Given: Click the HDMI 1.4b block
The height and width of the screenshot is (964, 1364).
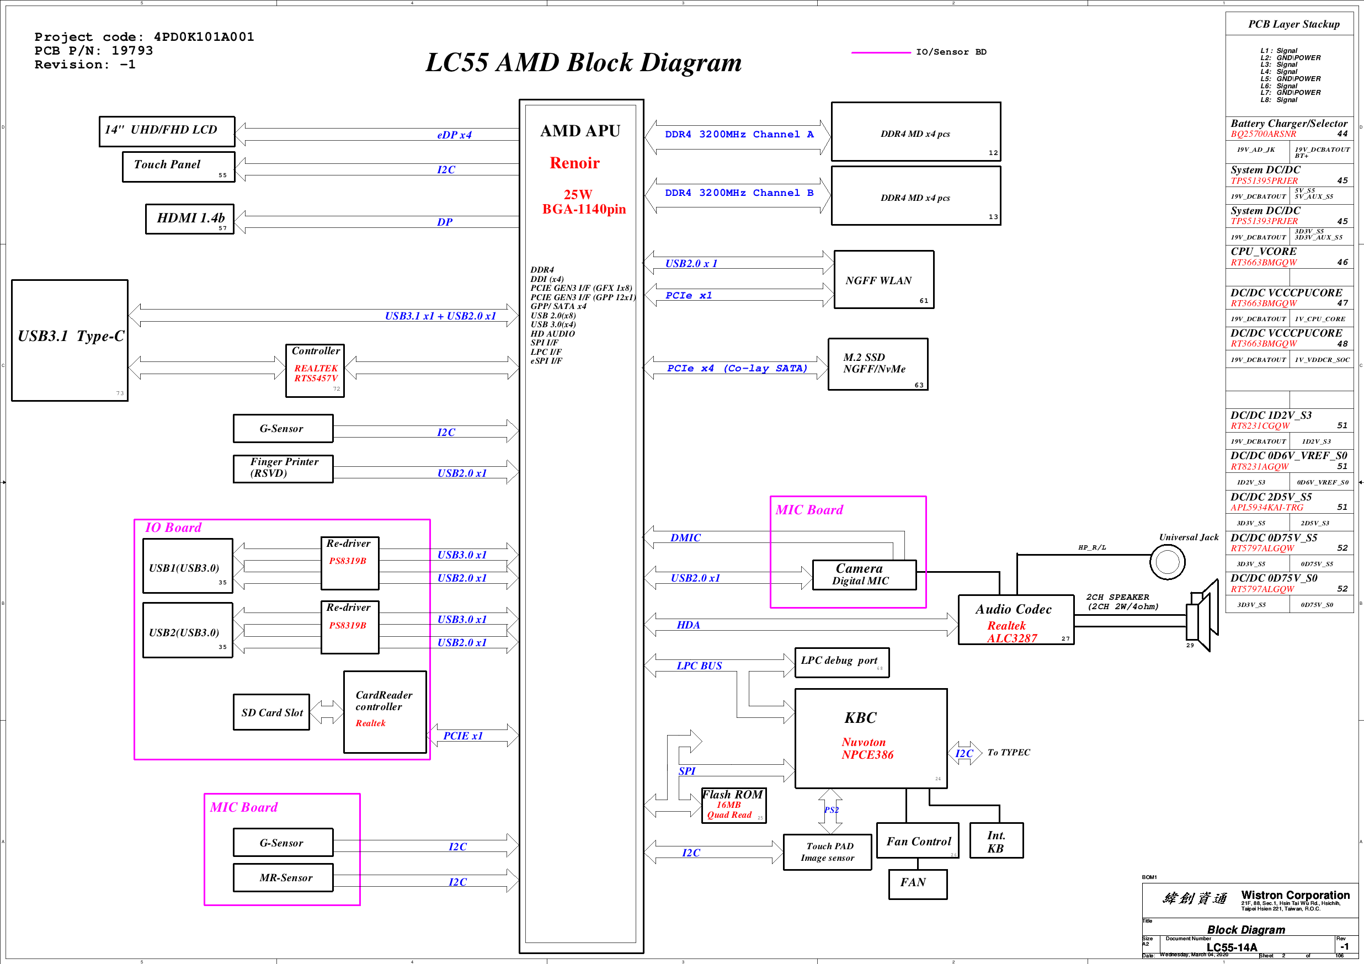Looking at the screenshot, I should pyautogui.click(x=189, y=219).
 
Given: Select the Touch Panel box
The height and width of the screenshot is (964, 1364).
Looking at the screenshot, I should pyautogui.click(x=178, y=166).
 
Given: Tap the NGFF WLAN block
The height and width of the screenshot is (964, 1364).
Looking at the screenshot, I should pyautogui.click(x=883, y=280).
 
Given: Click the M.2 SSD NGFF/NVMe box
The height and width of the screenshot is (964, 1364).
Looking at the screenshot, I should pyautogui.click(x=877, y=364).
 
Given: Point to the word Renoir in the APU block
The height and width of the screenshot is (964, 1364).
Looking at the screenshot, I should pyautogui.click(x=574, y=163).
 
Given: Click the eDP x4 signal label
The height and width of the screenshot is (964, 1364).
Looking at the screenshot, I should pyautogui.click(x=454, y=135).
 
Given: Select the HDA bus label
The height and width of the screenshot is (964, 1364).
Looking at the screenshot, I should pyautogui.click(x=688, y=625).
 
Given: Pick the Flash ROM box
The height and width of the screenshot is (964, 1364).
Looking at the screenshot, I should pyautogui.click(x=734, y=805).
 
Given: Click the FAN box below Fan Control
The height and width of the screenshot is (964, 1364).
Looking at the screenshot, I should pyautogui.click(x=917, y=884).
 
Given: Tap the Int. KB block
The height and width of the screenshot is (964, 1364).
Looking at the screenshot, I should pyautogui.click(x=997, y=840).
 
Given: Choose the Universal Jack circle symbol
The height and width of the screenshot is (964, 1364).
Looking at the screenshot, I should pyautogui.click(x=1167, y=561).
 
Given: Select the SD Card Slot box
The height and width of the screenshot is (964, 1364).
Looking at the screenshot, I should pyautogui.click(x=271, y=712).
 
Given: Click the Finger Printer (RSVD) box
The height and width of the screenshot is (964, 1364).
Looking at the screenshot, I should pyautogui.click(x=283, y=468).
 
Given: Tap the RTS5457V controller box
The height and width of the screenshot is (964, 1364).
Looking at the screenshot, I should pyautogui.click(x=315, y=371).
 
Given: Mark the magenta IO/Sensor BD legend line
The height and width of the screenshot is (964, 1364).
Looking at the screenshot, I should pyautogui.click(x=881, y=52).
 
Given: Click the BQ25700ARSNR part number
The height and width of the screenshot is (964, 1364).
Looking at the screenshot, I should pyautogui.click(x=1263, y=134).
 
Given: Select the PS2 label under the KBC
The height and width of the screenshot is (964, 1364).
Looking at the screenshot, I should pyautogui.click(x=831, y=809).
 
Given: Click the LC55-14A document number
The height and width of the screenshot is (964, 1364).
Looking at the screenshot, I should pyautogui.click(x=1232, y=947).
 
